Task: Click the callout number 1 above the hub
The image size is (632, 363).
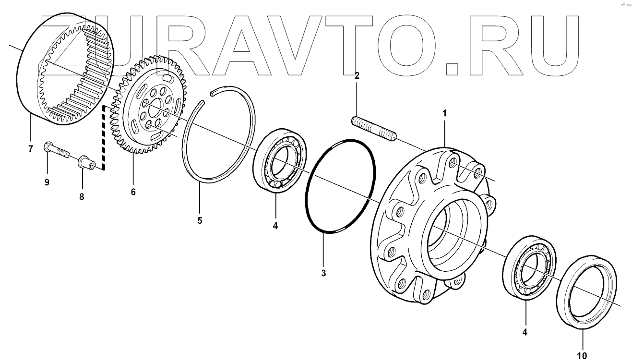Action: (444, 113)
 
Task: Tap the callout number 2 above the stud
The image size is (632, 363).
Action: (357, 75)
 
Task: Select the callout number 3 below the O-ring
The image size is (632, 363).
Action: (323, 273)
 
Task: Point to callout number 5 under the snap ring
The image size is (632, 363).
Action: (200, 221)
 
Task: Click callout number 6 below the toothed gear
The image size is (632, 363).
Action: (133, 192)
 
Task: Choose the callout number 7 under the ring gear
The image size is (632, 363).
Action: (30, 149)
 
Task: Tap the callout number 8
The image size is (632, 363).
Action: (82, 197)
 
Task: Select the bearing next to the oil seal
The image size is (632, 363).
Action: (530, 267)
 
